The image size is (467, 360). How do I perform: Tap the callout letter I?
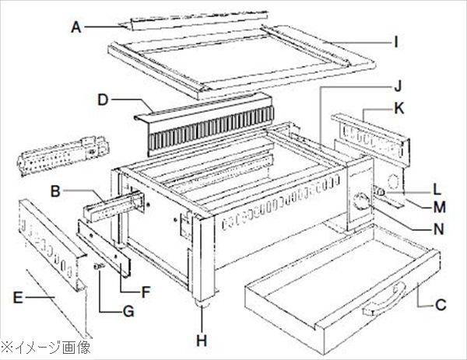[398, 41]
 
